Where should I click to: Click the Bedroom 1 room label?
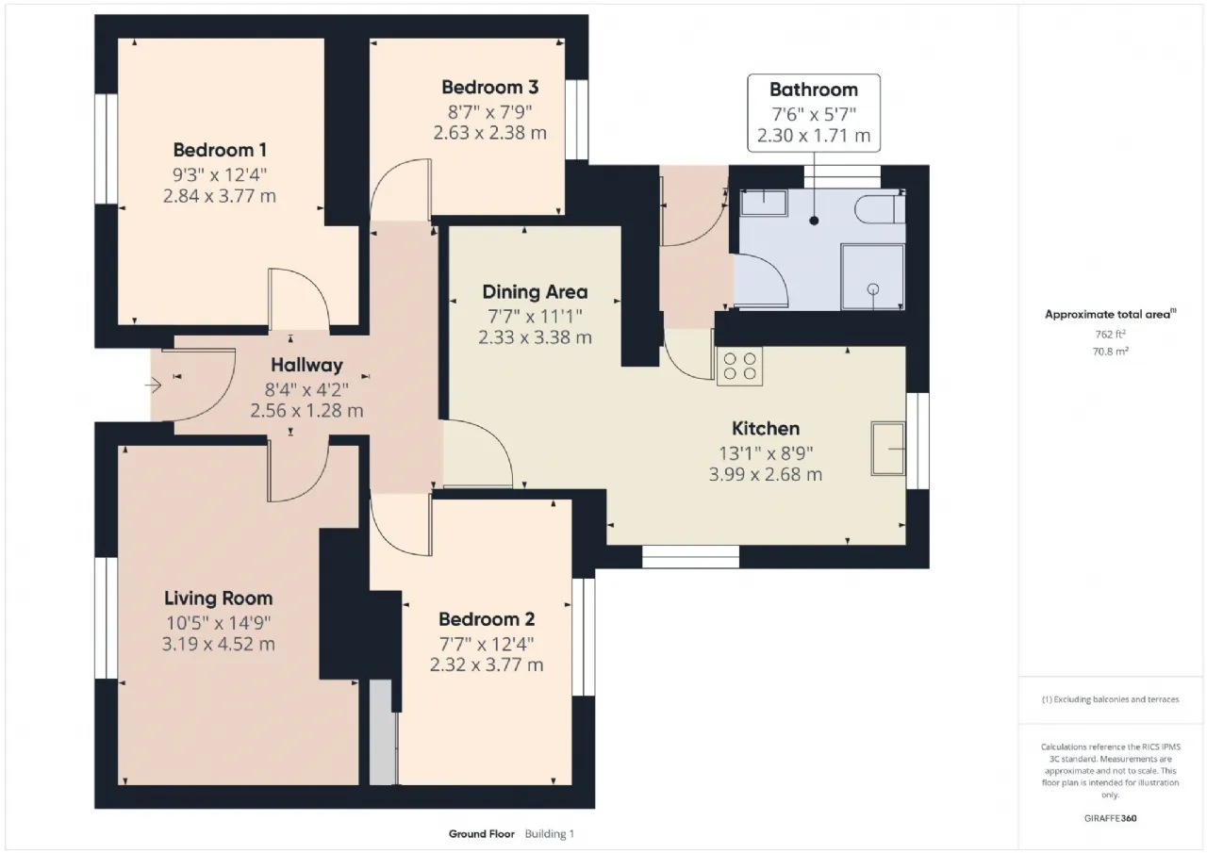(220, 150)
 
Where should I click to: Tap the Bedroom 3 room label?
(489, 88)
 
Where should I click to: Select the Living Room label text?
(218, 598)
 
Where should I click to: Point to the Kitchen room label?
(765, 429)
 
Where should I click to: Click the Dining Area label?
(535, 292)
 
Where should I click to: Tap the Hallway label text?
(306, 365)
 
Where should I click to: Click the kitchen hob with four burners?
(739, 367)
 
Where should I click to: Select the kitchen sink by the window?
(888, 449)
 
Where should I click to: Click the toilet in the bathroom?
(880, 209)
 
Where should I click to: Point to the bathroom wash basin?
(764, 203)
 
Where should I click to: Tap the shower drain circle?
(873, 289)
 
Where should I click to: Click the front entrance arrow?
(153, 385)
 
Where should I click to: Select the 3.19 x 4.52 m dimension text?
(218, 644)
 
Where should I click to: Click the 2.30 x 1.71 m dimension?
(814, 135)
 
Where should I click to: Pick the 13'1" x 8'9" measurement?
(765, 453)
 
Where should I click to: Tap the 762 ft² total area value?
(1110, 335)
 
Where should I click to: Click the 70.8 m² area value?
(1110, 352)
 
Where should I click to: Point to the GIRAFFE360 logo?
(1110, 818)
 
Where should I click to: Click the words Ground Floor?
(481, 834)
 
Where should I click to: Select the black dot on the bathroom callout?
(814, 221)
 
